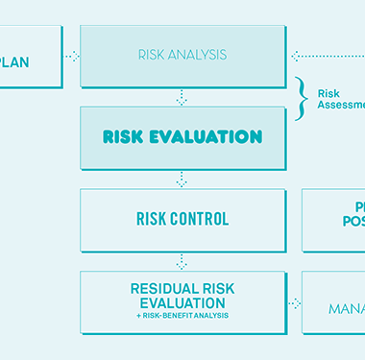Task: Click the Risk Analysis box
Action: pyautogui.click(x=182, y=55)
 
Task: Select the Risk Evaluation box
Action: pyautogui.click(x=182, y=136)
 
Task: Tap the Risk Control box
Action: pyautogui.click(x=182, y=219)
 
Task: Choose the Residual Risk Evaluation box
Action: pyautogui.click(x=182, y=300)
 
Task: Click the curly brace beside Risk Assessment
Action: pyautogui.click(x=300, y=98)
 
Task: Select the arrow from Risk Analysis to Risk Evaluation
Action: pyautogui.click(x=182, y=97)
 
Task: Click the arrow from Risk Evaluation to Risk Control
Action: pyautogui.click(x=182, y=180)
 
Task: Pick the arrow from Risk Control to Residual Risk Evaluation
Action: pyautogui.click(x=182, y=261)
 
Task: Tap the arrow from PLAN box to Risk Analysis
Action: pyautogui.click(x=72, y=56)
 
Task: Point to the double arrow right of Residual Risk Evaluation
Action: pyautogui.click(x=294, y=303)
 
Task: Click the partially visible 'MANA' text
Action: pyautogui.click(x=346, y=309)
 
